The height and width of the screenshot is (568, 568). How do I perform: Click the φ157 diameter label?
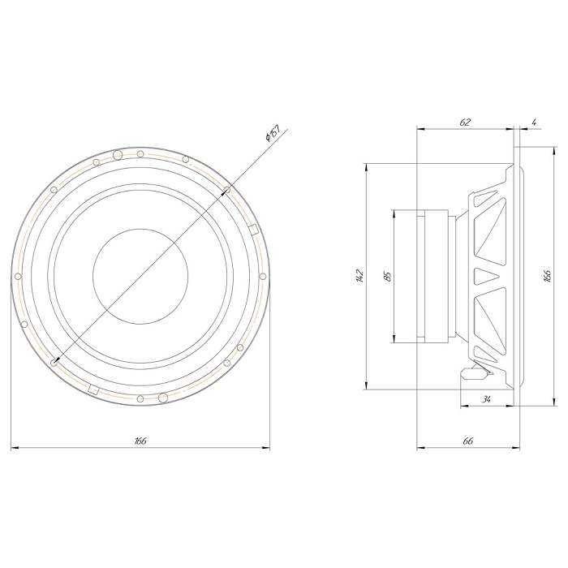pos(273,133)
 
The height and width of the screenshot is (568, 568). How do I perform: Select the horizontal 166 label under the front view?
pos(140,441)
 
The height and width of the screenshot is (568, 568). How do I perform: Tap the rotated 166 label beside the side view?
pos(548,276)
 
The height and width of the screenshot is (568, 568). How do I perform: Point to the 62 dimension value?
pos(465,122)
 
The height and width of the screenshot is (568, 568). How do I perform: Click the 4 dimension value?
pos(534,122)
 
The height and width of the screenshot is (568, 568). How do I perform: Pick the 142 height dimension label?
pos(359,276)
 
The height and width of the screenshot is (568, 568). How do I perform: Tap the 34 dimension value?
pos(486,399)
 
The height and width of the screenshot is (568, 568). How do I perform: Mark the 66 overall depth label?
pos(468,441)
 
